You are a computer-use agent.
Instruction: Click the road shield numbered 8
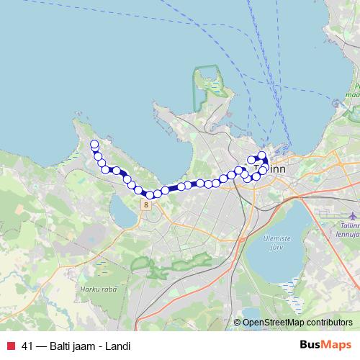coord(146,204)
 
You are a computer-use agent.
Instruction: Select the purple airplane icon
coord(352,216)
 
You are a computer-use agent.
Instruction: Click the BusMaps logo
coord(325,346)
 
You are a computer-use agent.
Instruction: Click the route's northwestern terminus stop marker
coord(94,145)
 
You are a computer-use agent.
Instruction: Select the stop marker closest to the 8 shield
coord(150,194)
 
